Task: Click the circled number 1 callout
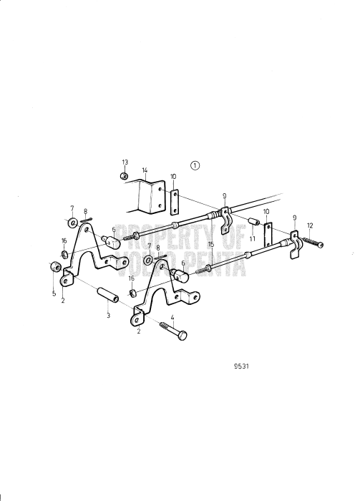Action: click(x=195, y=165)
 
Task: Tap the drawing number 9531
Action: click(x=241, y=366)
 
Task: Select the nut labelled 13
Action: click(x=124, y=175)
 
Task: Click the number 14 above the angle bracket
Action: click(x=145, y=170)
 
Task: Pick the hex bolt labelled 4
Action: click(x=174, y=330)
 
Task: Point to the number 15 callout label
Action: click(x=210, y=245)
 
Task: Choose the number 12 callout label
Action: click(x=310, y=225)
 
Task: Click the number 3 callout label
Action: click(x=108, y=315)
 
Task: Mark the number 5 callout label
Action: click(x=54, y=293)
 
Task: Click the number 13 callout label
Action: click(x=125, y=162)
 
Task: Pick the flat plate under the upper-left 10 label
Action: click(x=175, y=202)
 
